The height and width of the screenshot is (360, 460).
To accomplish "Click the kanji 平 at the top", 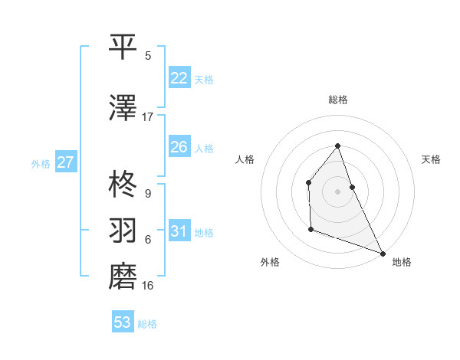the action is (123, 46).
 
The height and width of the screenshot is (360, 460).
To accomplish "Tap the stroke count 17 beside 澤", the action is (148, 117).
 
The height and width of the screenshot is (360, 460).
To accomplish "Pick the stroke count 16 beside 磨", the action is (148, 286).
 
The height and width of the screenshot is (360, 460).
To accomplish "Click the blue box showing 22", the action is (179, 78).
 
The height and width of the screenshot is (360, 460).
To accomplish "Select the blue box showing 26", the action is (179, 147).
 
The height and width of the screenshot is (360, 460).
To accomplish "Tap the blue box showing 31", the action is (179, 231).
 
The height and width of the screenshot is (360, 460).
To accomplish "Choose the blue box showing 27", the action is (65, 162).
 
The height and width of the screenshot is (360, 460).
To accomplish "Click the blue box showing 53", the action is (122, 322).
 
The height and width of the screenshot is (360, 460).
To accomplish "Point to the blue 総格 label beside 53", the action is (147, 324).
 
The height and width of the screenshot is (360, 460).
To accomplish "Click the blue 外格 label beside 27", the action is (41, 164).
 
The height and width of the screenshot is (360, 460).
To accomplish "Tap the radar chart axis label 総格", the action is (337, 100).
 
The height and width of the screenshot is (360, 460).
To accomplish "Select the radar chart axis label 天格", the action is (431, 159).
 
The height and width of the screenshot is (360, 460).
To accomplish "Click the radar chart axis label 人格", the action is (245, 159).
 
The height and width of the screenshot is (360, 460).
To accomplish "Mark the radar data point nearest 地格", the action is (383, 253).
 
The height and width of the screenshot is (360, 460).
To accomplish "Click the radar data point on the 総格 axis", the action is (337, 146).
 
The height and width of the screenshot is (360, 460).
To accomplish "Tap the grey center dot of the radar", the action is (337, 191).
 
